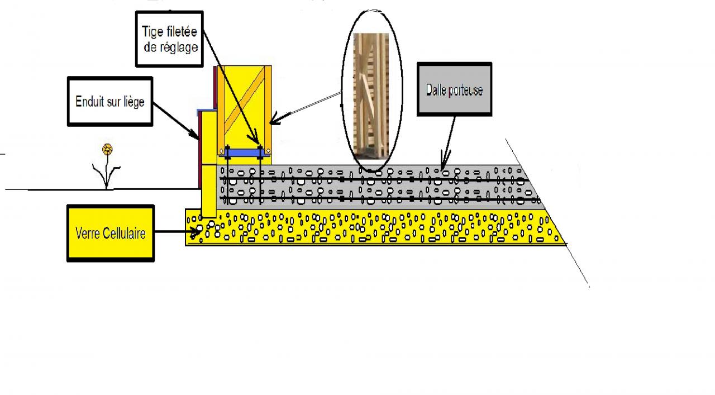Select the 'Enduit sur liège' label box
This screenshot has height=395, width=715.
(x=109, y=101)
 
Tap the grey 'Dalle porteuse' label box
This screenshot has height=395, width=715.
(x=454, y=89)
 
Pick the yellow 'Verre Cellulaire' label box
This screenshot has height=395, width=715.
(x=110, y=233)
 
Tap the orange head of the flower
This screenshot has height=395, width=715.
(x=107, y=149)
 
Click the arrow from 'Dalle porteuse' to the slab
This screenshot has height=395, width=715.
(x=449, y=140)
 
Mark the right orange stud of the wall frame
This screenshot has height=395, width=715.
(x=268, y=106)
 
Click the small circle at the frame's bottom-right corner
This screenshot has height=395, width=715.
(x=268, y=150)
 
